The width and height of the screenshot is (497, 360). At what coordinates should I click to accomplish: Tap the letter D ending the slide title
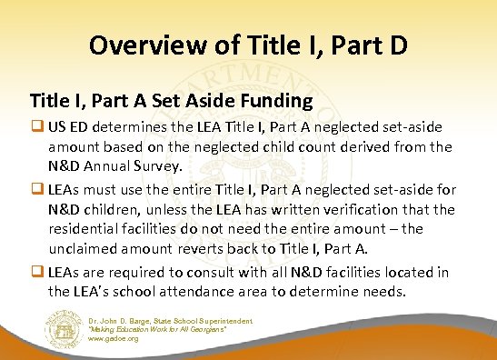click(x=395, y=45)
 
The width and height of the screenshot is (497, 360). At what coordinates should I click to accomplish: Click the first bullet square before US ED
click(x=36, y=126)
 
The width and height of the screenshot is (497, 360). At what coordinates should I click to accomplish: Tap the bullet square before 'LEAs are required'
click(x=36, y=273)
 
